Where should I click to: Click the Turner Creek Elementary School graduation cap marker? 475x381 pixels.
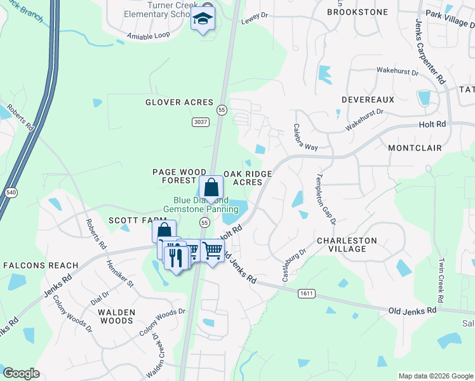click(203, 20)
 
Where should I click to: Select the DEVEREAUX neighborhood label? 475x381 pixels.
click(368, 100)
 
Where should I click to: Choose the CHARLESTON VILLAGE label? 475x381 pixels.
click(347, 244)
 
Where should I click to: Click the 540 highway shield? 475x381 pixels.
click(10, 192)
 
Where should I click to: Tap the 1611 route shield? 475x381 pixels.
click(305, 293)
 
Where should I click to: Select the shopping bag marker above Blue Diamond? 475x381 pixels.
click(211, 188)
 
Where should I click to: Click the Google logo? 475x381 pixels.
click(22, 373)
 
